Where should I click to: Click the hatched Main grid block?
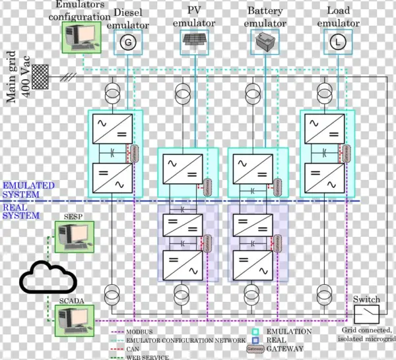click(x=41, y=75)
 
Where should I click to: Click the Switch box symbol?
click(x=366, y=311)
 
